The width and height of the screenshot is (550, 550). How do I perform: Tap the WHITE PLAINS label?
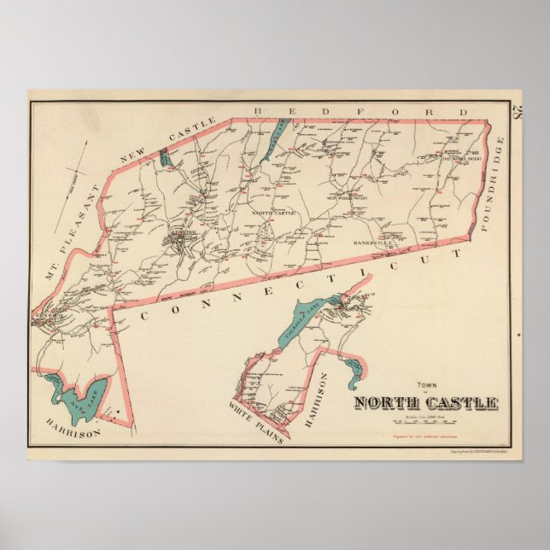tap(256, 418)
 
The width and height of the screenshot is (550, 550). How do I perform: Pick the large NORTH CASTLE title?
tap(426, 403)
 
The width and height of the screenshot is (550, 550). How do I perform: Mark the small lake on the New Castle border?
tap(165, 157)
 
